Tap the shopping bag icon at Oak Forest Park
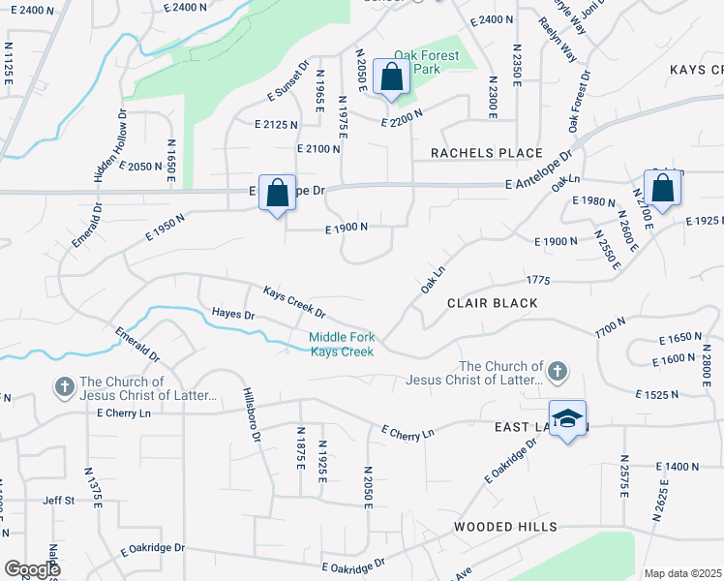[x=390, y=76]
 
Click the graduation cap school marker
[x=568, y=418]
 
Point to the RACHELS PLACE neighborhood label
[x=487, y=153]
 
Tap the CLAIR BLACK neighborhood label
[x=492, y=303]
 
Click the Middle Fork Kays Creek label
[x=341, y=344]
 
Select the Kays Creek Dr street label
[x=294, y=301]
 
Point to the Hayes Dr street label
[x=232, y=314]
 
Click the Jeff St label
[x=58, y=501]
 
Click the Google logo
[x=32, y=568]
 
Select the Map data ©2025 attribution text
[x=682, y=573]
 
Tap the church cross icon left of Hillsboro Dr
[x=64, y=387]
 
